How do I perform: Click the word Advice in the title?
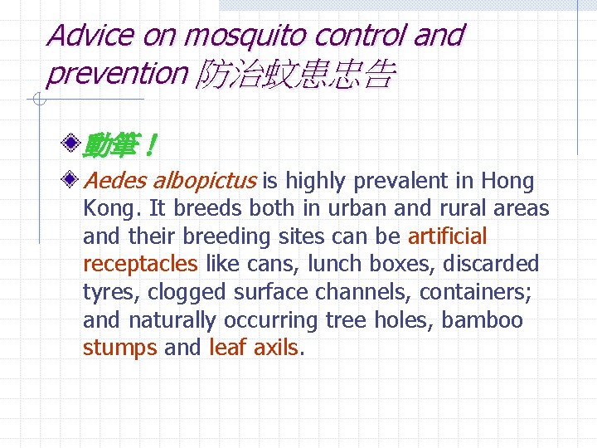click(90, 35)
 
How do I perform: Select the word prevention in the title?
click(117, 74)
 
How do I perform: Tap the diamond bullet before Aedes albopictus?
click(73, 178)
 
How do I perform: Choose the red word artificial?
click(447, 236)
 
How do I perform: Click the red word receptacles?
click(140, 265)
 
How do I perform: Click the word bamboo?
click(483, 320)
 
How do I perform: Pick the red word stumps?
click(119, 348)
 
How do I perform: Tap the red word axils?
click(275, 348)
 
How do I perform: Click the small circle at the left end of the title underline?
click(37, 100)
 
